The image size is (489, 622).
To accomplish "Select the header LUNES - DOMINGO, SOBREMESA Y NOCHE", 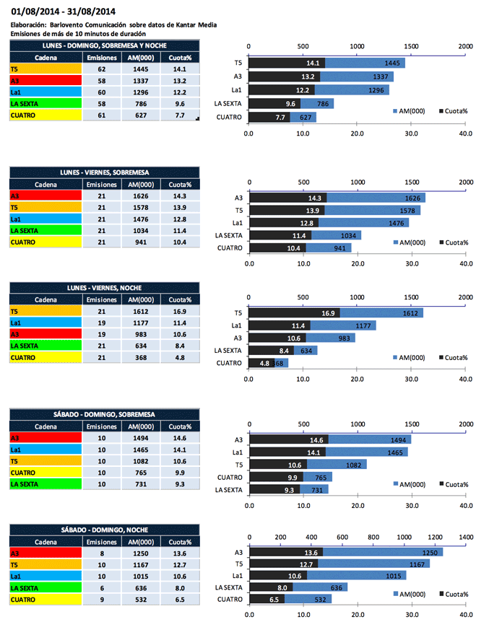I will [104, 45].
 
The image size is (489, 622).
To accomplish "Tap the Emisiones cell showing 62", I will [102, 69].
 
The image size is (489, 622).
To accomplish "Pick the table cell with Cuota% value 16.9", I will [180, 311].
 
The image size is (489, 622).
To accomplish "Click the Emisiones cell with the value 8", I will [102, 553].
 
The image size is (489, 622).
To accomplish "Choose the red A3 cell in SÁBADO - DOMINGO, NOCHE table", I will [44, 553].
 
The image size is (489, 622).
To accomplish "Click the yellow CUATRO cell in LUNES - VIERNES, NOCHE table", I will [44, 357].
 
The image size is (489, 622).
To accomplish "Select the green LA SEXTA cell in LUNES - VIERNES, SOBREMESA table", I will [44, 230].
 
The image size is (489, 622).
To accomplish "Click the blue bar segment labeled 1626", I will [376, 198].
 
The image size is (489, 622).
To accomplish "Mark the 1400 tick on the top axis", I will [466, 537].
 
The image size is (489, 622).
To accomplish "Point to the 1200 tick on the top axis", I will [435, 537].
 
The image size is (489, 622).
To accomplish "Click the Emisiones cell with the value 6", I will [102, 587].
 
